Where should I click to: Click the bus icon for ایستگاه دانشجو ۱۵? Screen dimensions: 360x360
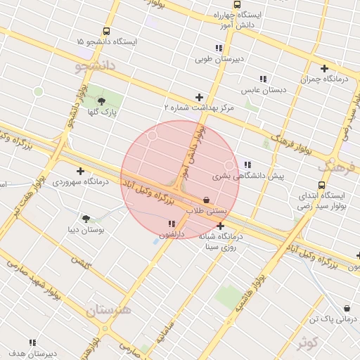pos(106,31)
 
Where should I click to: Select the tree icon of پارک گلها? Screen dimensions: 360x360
pos(102,101)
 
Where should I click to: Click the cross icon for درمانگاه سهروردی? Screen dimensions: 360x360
pos(80,171)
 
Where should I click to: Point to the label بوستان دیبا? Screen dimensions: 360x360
pos(86,230)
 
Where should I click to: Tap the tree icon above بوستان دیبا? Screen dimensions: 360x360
pos(86,219)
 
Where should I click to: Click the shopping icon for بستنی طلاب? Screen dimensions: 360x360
pos(206,200)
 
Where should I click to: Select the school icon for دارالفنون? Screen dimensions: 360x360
pos(172,224)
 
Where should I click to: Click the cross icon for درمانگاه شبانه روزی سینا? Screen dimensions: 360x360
pos(221,226)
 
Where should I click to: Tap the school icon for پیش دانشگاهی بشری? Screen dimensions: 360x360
pos(247,165)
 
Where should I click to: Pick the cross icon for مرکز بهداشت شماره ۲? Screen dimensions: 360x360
pos(199,98)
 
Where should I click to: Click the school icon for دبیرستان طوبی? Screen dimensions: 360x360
pos(219,49)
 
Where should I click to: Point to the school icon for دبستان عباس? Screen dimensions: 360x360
pos(262,79)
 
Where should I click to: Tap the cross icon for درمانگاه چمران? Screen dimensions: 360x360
pos(324,69)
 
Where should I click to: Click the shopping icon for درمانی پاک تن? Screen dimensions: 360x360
pos(347,308)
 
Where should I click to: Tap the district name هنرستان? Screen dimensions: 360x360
pos(109,309)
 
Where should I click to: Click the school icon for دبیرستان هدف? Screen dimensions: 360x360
pos(32,342)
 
